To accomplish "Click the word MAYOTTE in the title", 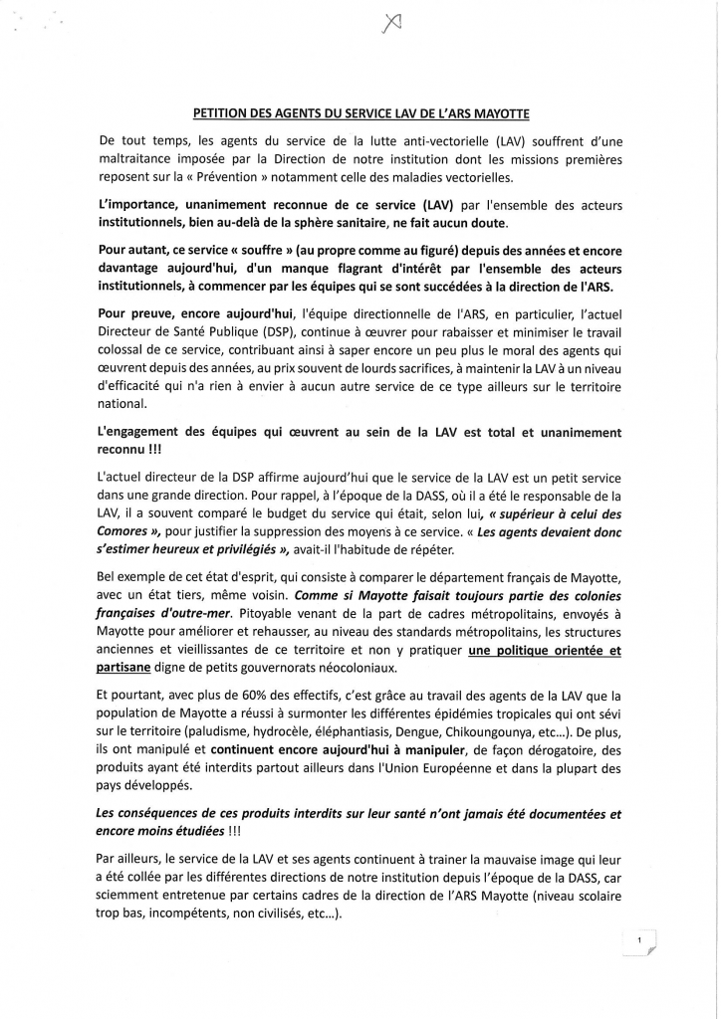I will [x=499, y=115].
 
